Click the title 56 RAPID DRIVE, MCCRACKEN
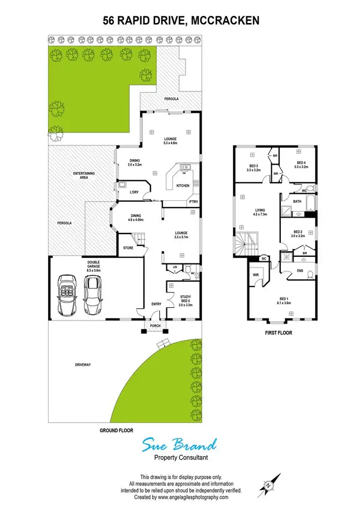181,20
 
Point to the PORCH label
155,327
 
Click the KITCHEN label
183,185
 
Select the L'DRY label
135,192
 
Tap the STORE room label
128,248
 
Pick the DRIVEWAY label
83,365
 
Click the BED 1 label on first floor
281,301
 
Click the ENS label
300,271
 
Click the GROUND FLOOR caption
116,430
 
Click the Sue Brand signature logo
180,445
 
